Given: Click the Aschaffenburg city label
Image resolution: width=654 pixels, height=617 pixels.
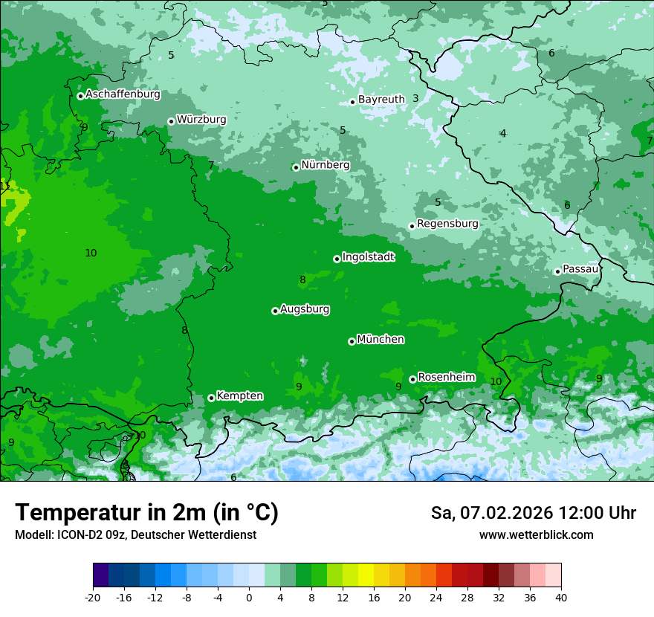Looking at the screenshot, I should tap(123, 94).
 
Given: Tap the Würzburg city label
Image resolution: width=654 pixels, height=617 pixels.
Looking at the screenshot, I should tap(201, 120).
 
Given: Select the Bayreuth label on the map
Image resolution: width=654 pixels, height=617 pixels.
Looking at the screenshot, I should tap(381, 100).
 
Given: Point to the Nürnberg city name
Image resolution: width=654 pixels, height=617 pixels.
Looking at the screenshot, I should tap(326, 165).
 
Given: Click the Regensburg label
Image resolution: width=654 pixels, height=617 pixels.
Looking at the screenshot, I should tap(447, 224).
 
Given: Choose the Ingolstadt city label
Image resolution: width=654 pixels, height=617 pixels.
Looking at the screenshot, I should tap(368, 257).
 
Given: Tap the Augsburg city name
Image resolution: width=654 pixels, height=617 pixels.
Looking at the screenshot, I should tap(305, 309).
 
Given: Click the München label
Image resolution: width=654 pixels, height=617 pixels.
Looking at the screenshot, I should tap(381, 340).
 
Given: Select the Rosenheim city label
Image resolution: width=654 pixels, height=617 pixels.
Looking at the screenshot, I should tap(446, 378).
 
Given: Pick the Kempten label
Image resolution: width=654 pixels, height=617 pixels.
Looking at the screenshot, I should tap(239, 396).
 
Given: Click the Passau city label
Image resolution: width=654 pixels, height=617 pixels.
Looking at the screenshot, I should tap(580, 269).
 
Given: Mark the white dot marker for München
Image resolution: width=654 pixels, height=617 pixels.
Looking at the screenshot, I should tap(352, 342).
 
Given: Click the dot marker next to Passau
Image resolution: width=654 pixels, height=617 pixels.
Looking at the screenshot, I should tap(557, 271).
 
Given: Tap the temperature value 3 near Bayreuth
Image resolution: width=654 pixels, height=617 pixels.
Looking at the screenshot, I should tap(415, 98).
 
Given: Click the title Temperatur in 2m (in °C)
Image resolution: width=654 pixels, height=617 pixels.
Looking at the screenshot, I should tap(146, 513).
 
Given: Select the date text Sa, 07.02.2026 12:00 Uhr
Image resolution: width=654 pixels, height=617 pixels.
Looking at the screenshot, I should tap(533, 513).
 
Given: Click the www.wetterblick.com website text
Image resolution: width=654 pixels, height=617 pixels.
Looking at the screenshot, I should tap(536, 535).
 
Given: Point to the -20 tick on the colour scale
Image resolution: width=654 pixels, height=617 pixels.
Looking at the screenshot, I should tap(93, 598).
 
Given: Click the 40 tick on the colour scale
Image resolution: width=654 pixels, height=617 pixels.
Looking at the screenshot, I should tap(560, 598).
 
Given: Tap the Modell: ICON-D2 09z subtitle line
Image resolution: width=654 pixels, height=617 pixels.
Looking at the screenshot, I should tap(135, 535).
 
